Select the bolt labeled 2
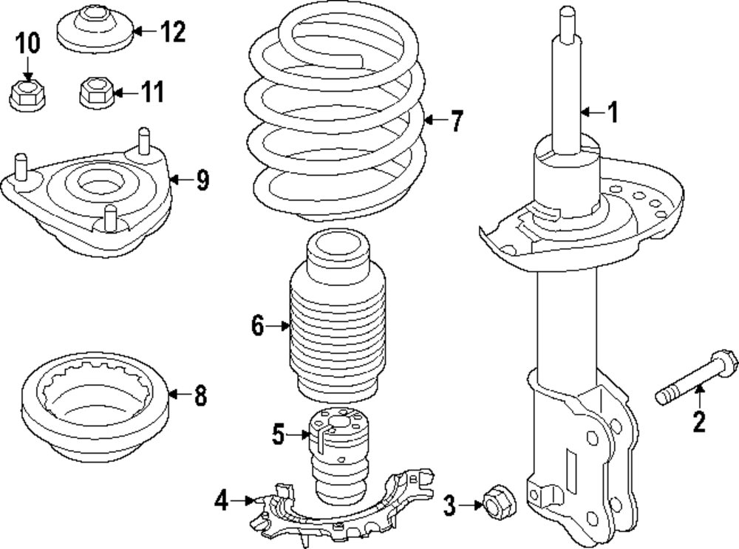695,379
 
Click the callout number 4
221,502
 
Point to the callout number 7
457,120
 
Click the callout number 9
202,180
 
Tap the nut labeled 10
27,95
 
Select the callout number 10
27,44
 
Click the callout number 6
257,325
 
